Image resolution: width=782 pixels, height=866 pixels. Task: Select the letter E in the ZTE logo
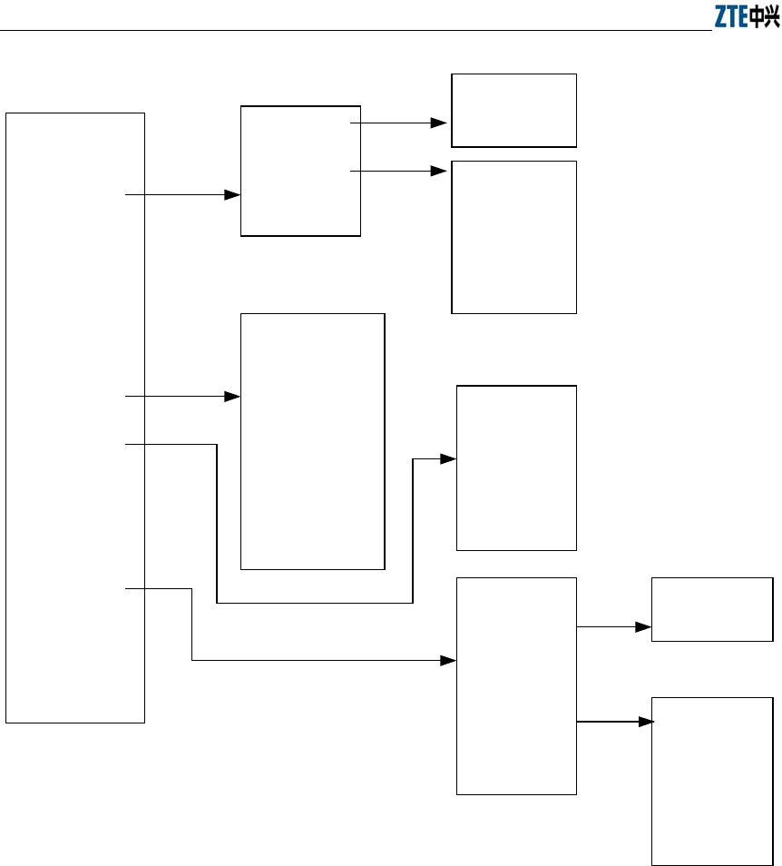coord(744,17)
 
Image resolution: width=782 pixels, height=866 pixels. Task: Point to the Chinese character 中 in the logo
coord(758,17)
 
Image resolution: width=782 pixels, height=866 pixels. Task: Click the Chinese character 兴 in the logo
coord(772,17)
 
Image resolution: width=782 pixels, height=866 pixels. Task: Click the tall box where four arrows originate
coord(75,418)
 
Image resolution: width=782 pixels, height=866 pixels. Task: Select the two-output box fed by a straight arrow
coord(300,171)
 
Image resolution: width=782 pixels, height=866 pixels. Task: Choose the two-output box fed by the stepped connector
coord(516,685)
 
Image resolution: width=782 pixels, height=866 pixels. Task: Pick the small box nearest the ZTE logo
coord(514,110)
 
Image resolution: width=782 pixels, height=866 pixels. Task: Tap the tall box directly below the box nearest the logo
coord(514,237)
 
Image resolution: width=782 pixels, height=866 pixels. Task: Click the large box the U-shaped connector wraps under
coord(312,441)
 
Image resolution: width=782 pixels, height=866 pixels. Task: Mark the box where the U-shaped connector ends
coord(516,467)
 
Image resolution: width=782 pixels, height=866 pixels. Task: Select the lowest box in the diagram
coord(713,781)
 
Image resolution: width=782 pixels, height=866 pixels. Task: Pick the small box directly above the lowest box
coord(713,609)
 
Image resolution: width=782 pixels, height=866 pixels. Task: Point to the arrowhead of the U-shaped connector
coord(449,459)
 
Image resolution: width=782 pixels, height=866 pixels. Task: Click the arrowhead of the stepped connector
coord(449,661)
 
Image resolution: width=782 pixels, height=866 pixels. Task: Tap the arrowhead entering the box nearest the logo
coord(441,122)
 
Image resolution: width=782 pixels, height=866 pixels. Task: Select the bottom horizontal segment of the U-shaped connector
coord(315,603)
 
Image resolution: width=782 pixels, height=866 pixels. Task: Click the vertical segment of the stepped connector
coord(192,625)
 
